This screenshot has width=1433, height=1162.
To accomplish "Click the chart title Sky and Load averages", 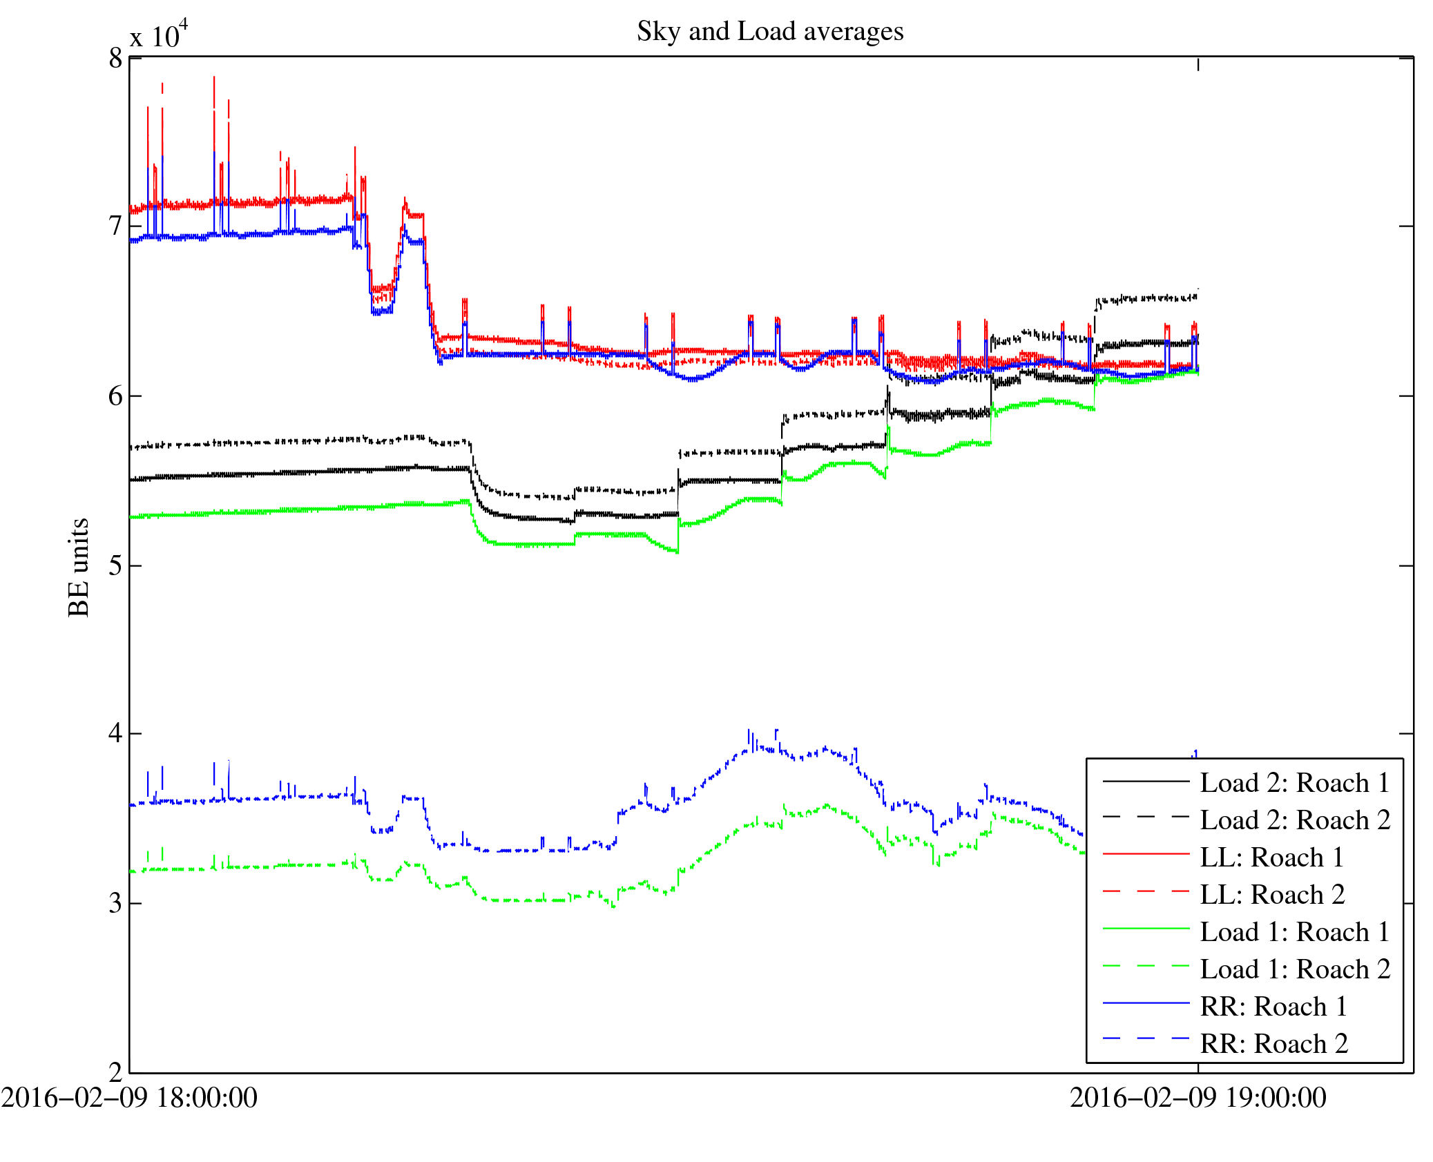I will [x=770, y=32].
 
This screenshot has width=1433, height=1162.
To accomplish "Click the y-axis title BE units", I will [x=79, y=567].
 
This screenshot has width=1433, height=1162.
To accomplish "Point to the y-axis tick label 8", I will [x=115, y=59].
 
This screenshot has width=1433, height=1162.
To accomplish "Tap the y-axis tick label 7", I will [x=115, y=226].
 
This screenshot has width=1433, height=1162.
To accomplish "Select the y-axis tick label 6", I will [x=115, y=396].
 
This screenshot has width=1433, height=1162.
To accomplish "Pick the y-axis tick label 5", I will [x=115, y=566].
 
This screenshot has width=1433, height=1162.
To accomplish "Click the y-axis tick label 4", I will [x=115, y=733].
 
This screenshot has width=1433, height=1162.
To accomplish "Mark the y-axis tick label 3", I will [x=115, y=903].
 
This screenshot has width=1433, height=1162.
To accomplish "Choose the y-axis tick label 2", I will [x=115, y=1072].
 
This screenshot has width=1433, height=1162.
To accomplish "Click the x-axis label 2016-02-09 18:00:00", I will [x=129, y=1098].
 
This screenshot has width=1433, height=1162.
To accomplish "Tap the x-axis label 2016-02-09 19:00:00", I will [x=1198, y=1098].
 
